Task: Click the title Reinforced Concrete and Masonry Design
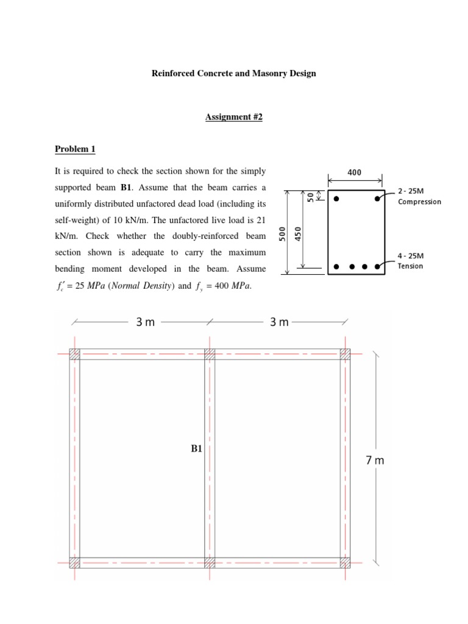click(x=233, y=74)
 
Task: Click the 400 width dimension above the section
click(x=354, y=172)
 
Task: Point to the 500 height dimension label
click(x=282, y=235)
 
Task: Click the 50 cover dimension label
click(x=310, y=196)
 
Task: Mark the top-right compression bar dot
click(x=378, y=199)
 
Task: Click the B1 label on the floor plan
click(x=196, y=449)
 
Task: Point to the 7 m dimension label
click(x=375, y=461)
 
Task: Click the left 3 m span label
click(x=145, y=322)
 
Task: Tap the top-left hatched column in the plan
click(x=74, y=354)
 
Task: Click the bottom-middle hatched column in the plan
click(x=210, y=562)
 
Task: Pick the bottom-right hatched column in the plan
click(x=345, y=562)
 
